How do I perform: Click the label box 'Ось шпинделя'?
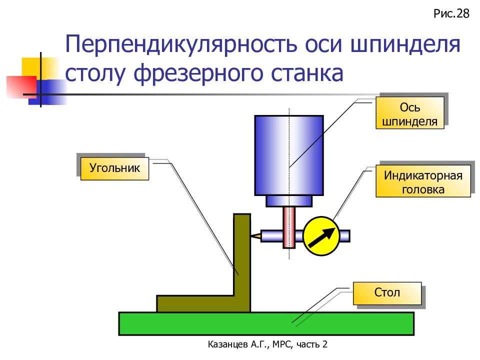click(x=409, y=112)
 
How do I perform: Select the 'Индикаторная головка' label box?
click(x=423, y=181)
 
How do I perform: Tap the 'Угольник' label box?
click(x=114, y=168)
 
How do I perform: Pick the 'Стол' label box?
click(x=387, y=293)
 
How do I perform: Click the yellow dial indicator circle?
click(x=321, y=236)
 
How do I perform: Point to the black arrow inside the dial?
click(x=321, y=237)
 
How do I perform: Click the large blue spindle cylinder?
click(x=289, y=155)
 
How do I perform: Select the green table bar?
click(x=266, y=323)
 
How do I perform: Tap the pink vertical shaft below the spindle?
click(x=289, y=227)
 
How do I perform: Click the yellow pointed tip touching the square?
click(x=256, y=236)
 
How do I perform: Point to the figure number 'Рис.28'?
click(x=451, y=14)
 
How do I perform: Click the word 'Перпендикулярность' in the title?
click(x=181, y=44)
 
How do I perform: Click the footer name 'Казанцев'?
click(x=228, y=344)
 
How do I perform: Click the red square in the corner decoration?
click(x=21, y=87)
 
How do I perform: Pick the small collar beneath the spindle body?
click(x=289, y=201)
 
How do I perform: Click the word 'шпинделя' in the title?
click(x=405, y=44)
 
